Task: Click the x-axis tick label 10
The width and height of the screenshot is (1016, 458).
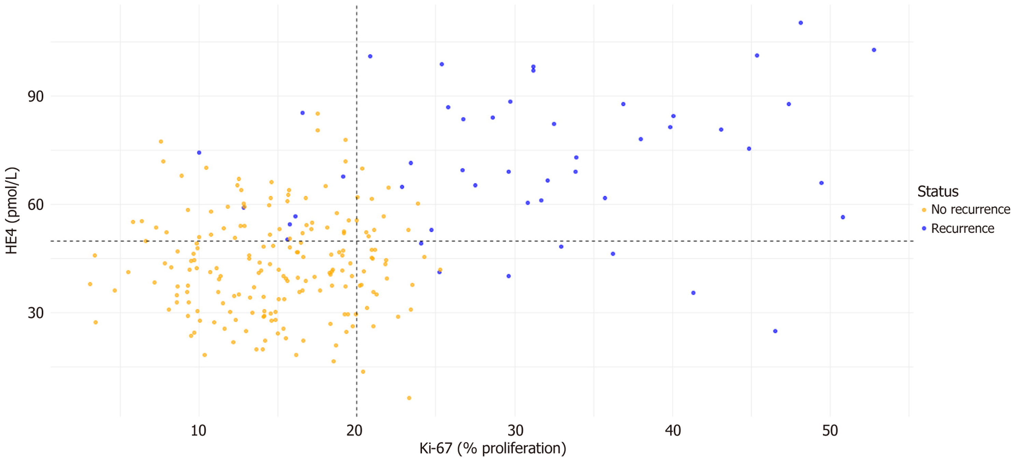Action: (x=198, y=430)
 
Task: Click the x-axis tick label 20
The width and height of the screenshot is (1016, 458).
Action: (x=355, y=430)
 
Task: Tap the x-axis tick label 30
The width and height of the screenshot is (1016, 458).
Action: (x=515, y=430)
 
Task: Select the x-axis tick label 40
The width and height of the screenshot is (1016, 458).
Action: (x=673, y=430)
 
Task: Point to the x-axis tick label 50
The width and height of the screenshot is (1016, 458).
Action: (x=830, y=430)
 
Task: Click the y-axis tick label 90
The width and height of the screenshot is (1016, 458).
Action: (x=36, y=97)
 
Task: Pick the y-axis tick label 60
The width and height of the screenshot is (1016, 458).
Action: (x=36, y=205)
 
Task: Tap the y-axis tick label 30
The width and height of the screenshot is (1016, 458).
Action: (x=36, y=313)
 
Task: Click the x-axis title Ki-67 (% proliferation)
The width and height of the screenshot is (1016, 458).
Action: (x=493, y=448)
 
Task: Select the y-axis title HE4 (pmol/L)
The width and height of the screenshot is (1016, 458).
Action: (x=12, y=210)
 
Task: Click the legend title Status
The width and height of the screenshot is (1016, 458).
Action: (x=937, y=191)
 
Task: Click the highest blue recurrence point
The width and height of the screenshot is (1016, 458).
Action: (x=801, y=23)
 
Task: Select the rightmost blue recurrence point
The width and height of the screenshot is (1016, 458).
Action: (x=874, y=50)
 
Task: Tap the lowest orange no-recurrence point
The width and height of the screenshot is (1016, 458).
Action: (x=409, y=398)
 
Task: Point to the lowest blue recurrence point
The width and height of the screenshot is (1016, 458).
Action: (x=775, y=331)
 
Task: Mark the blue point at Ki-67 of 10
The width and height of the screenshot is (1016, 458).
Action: (x=199, y=153)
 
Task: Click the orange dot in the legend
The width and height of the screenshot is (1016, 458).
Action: (x=924, y=210)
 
